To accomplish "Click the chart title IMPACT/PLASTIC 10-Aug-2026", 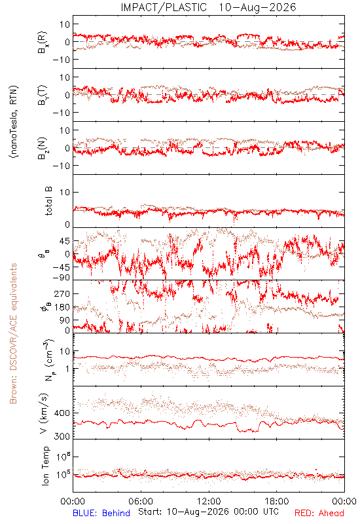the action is [208, 7].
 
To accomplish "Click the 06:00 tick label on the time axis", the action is [141, 501].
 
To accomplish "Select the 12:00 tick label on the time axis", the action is [209, 501].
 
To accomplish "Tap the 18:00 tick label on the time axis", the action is [277, 501].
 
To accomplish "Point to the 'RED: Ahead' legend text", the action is [319, 513].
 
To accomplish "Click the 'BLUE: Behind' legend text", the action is [101, 513].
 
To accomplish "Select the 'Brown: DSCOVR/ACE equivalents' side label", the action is [13, 333].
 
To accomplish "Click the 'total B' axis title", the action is [48, 201].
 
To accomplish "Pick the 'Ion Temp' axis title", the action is [45, 466].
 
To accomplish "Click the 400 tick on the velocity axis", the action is [62, 413].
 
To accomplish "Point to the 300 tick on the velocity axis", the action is [62, 436].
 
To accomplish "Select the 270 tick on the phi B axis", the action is [62, 293].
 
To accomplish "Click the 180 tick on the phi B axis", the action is [62, 307].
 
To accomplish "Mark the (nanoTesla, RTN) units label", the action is [14, 122].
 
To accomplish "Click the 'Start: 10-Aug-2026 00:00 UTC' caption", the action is [208, 512].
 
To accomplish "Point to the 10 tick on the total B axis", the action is [65, 192].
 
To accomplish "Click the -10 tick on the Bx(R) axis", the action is [62, 60].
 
